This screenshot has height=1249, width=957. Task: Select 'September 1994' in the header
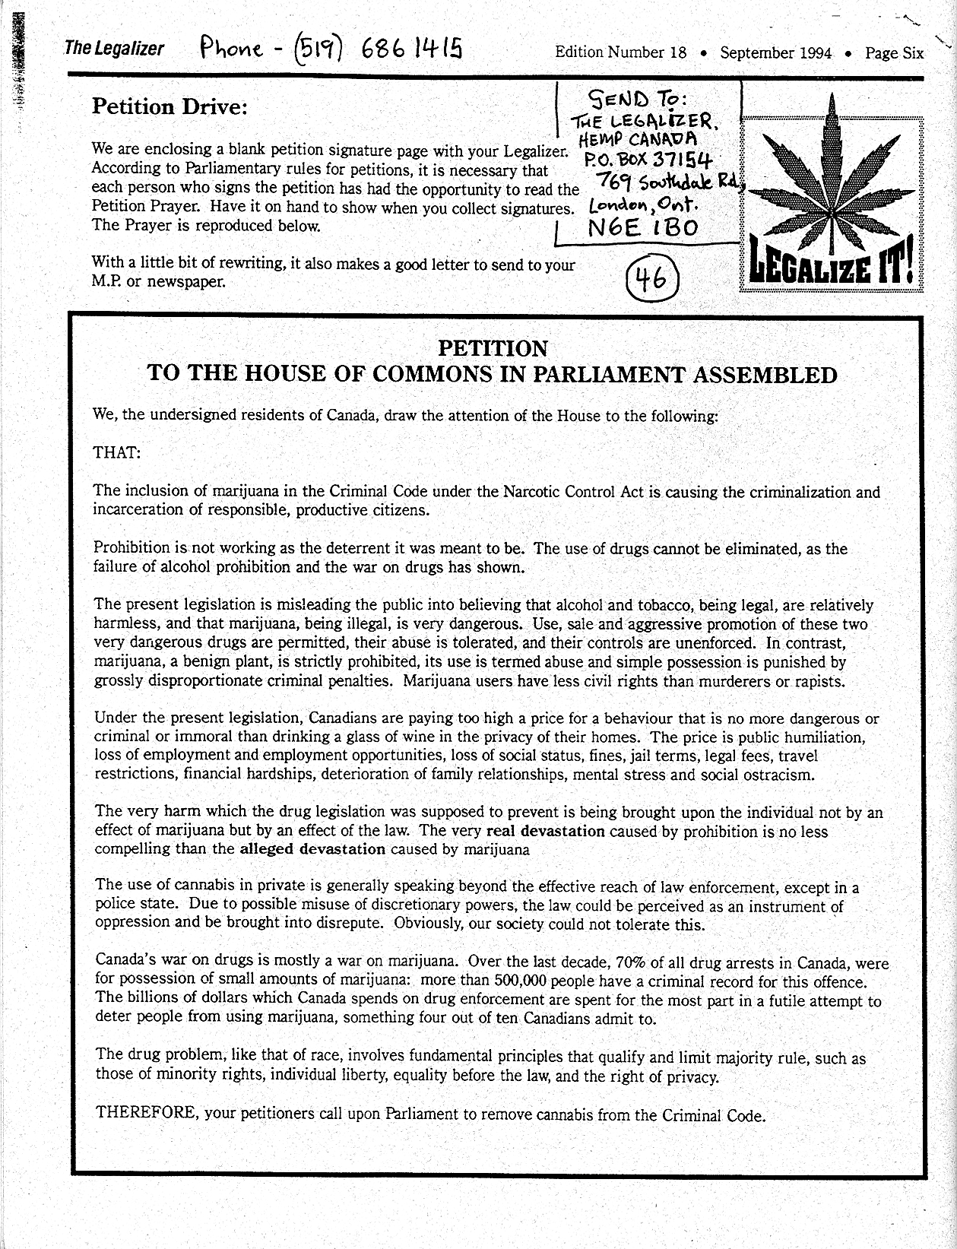tap(775, 52)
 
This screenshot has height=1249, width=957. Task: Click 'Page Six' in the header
tap(895, 52)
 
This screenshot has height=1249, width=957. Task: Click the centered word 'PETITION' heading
tap(493, 349)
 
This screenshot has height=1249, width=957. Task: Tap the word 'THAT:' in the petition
tap(116, 453)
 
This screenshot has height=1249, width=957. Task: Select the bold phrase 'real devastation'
tap(545, 831)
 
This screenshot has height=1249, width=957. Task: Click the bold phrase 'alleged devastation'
tap(312, 849)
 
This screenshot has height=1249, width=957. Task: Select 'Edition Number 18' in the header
tap(621, 52)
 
